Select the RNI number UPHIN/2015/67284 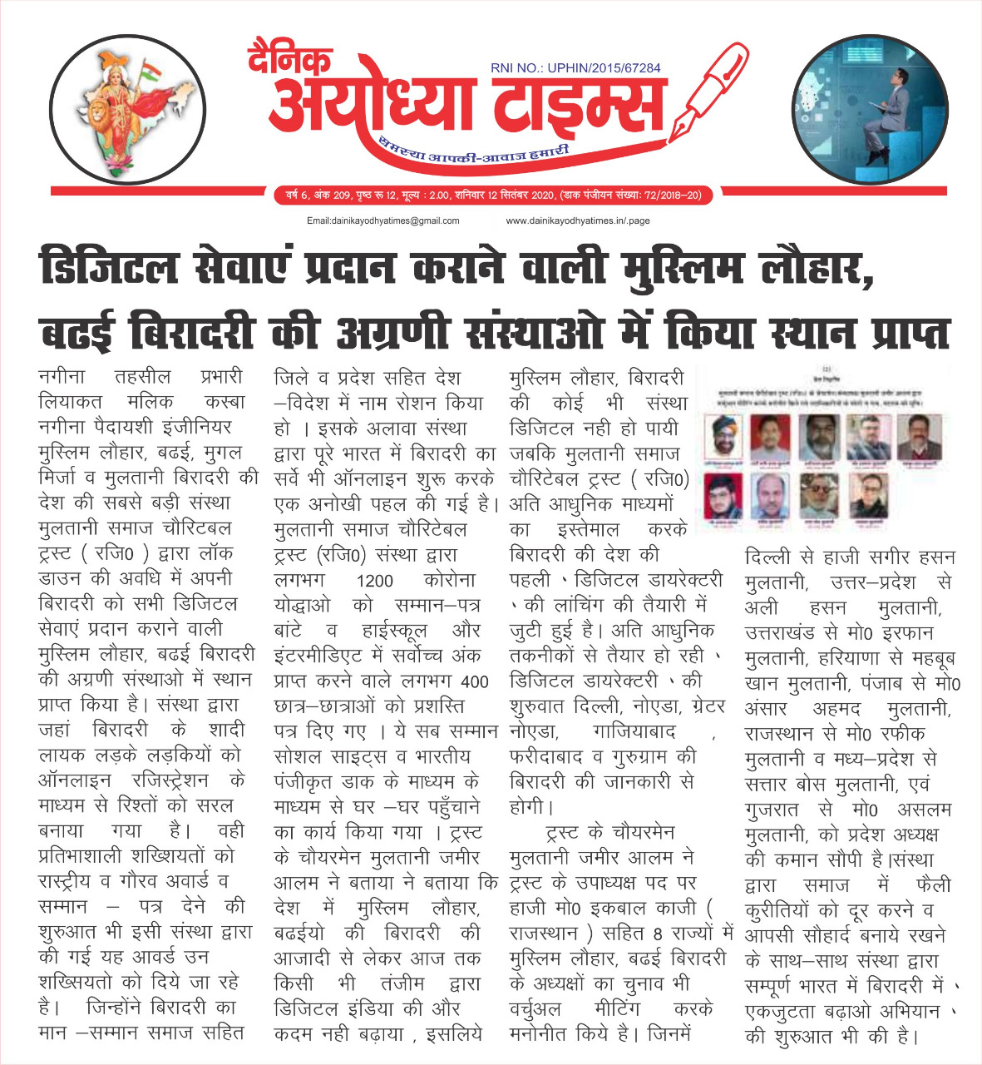(x=575, y=68)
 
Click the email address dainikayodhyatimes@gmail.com (x=382, y=221)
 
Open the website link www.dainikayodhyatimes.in (x=577, y=221)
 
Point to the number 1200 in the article (x=374, y=581)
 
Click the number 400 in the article (x=474, y=682)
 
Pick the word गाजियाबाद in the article (x=634, y=732)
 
